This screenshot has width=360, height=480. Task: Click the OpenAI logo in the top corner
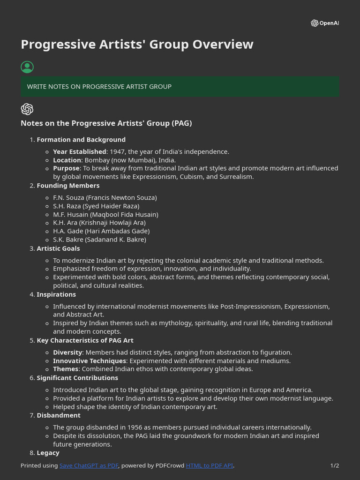(324, 23)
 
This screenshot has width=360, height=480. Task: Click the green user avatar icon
(27, 67)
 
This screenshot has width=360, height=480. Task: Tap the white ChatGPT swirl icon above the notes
(27, 109)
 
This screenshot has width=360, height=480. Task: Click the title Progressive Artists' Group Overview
(137, 45)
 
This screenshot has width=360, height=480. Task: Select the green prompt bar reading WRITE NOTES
(180, 87)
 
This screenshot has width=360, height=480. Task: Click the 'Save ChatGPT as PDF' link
(89, 465)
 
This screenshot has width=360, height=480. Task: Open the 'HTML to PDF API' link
(209, 465)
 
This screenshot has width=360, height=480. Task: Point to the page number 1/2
(334, 465)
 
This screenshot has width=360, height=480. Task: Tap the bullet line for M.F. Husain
(105, 215)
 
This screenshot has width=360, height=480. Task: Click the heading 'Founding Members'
(68, 186)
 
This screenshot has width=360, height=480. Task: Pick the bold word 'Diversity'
(67, 352)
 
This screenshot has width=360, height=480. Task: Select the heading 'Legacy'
(48, 453)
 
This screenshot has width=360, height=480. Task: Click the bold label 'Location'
(67, 160)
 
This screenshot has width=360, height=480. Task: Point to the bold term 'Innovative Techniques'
(89, 361)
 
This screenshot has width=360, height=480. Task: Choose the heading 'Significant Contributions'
(77, 378)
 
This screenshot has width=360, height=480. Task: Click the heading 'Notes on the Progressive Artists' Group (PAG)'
(106, 123)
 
